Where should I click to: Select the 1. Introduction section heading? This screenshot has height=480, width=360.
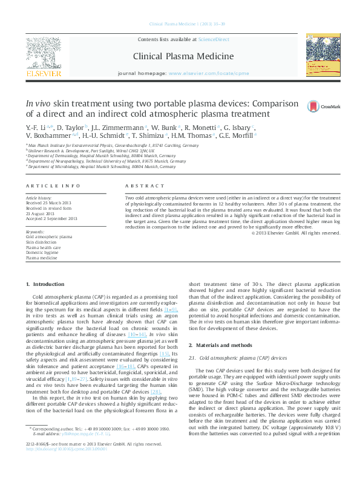point(45,284)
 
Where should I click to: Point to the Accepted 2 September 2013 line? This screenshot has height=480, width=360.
point(51,218)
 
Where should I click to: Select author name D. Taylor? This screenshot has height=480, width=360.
point(71,128)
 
